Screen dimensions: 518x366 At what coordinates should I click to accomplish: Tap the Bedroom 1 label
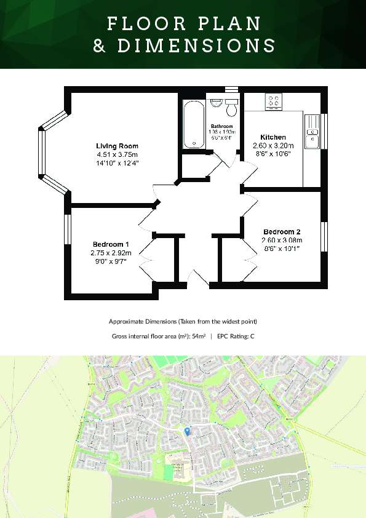(x=111, y=243)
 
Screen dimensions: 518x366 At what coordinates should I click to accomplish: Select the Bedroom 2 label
(x=281, y=231)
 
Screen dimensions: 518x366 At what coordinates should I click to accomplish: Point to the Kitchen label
(x=273, y=137)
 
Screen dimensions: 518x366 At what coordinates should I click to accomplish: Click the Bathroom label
(x=221, y=126)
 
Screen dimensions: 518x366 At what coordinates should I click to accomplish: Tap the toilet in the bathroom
(x=232, y=108)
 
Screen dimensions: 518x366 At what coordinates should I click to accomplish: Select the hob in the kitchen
(x=274, y=102)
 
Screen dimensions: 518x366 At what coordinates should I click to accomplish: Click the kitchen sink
(x=312, y=131)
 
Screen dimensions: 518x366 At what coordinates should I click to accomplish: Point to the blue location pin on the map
(x=188, y=431)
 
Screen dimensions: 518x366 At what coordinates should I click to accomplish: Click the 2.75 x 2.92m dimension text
(x=111, y=252)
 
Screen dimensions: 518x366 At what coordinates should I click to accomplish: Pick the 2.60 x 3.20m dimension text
(x=273, y=146)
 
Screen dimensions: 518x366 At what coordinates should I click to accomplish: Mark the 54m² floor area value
(x=199, y=337)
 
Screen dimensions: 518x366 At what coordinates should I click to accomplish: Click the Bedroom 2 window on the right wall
(x=324, y=237)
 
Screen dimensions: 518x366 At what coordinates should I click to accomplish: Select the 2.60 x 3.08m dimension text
(x=281, y=240)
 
